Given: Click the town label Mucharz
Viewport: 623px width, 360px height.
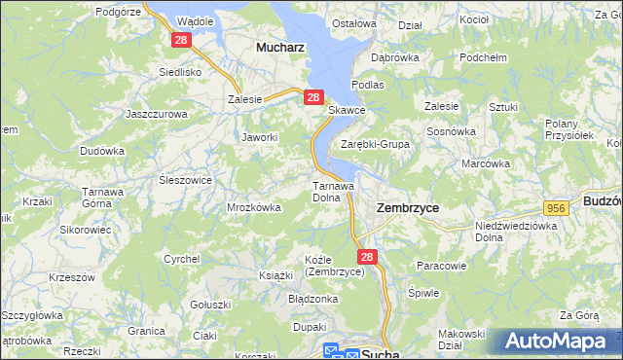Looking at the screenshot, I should [x=280, y=46].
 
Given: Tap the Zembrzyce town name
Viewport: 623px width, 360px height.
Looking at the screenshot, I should [x=407, y=208].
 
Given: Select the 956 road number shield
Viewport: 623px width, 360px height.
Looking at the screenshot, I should [x=557, y=208].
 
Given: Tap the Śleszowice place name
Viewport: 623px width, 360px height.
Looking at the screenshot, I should [x=185, y=180].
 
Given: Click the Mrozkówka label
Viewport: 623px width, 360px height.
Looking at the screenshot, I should [x=254, y=207].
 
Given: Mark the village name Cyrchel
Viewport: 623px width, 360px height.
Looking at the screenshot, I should [x=182, y=259].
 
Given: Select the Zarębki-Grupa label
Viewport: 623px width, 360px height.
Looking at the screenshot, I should [x=375, y=144].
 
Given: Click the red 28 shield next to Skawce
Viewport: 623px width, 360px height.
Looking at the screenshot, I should [x=313, y=97].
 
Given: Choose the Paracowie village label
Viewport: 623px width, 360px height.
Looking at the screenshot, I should [x=442, y=265].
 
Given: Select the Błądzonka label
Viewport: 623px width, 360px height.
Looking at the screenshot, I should [x=312, y=299].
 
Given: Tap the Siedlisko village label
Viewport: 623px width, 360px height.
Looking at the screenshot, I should [x=180, y=72].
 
